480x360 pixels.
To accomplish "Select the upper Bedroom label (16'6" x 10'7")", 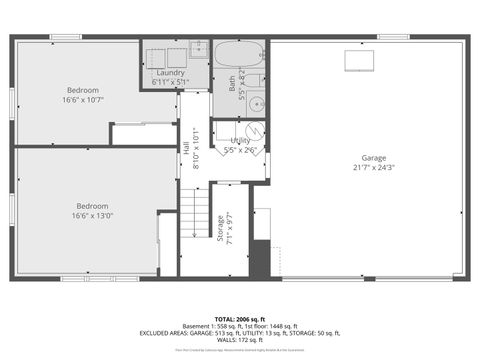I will click(82, 90).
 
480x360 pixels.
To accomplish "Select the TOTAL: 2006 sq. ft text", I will click(239, 317).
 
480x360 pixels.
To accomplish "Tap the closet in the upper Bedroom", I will click(143, 134).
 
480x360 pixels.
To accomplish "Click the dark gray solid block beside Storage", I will click(259, 258).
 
